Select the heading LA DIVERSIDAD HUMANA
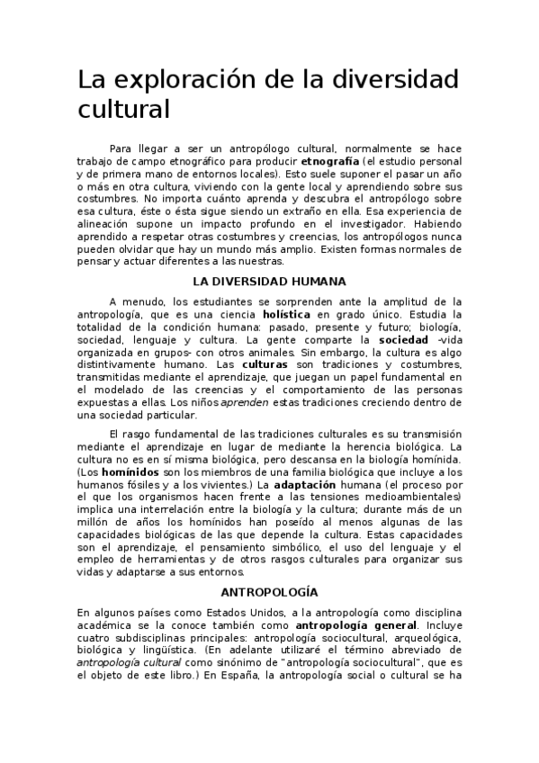(269, 281)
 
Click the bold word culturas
(267, 365)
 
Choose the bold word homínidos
(128, 473)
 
